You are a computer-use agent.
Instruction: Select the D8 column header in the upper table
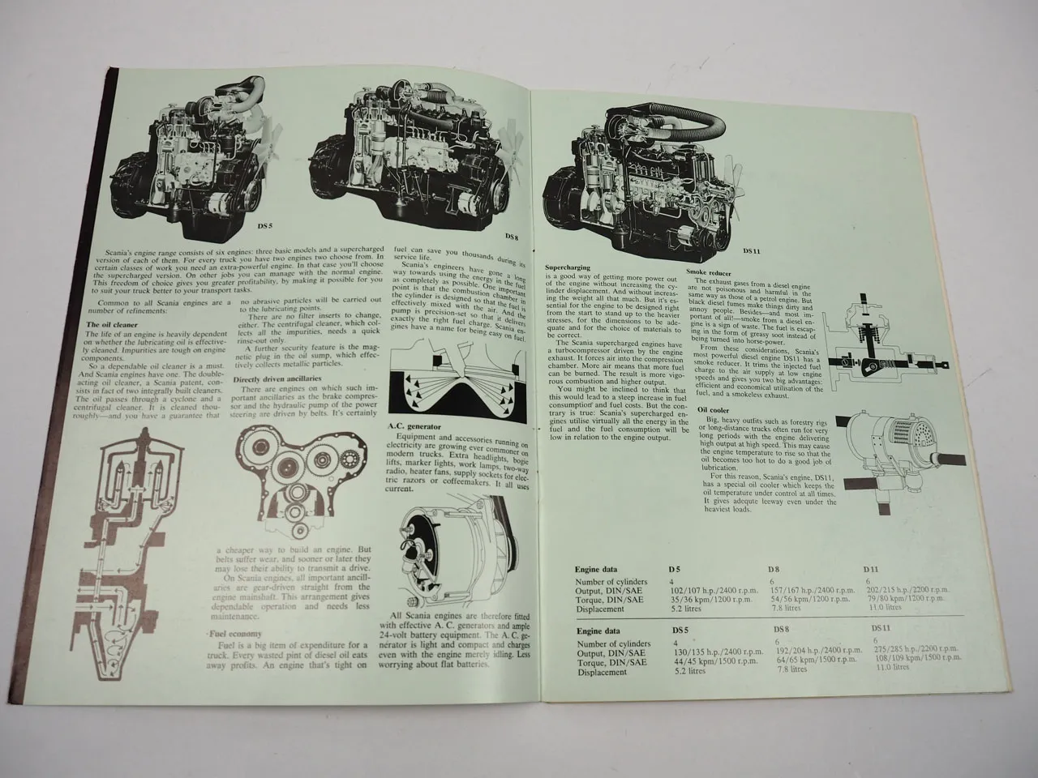click(775, 570)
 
